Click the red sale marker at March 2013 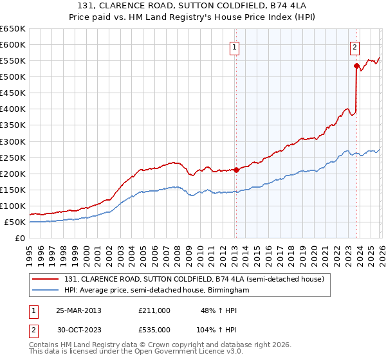click(x=236, y=170)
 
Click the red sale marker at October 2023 click(x=356, y=66)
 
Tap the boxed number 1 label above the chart click(x=235, y=47)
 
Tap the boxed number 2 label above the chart click(x=354, y=47)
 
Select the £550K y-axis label click(x=13, y=61)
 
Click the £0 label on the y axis click(x=19, y=238)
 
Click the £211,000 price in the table click(x=154, y=310)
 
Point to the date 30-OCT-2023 click(x=79, y=329)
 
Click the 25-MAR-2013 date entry click(x=79, y=310)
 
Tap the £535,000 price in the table click(x=154, y=329)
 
